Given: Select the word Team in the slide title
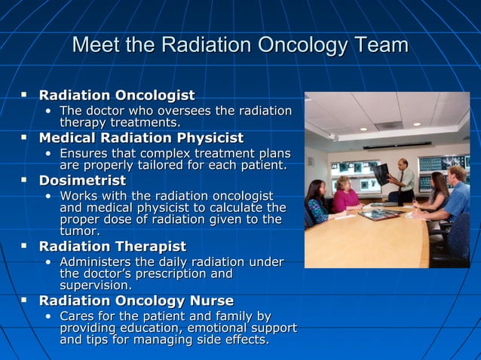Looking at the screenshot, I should pyautogui.click(x=380, y=46).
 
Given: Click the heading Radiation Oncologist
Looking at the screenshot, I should pyautogui.click(x=116, y=96).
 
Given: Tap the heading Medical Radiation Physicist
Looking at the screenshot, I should pyautogui.click(x=141, y=139).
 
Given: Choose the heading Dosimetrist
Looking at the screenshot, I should pyautogui.click(x=82, y=181).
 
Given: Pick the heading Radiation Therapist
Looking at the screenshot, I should pyautogui.click(x=112, y=246).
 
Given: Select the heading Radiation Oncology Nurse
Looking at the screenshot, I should pyautogui.click(x=136, y=301).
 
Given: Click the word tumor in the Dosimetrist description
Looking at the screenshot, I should pyautogui.click(x=78, y=231).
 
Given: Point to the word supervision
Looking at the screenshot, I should pyautogui.click(x=95, y=285).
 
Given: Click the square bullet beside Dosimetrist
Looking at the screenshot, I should pyautogui.click(x=24, y=181).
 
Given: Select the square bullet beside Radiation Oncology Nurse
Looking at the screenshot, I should pyautogui.click(x=24, y=301).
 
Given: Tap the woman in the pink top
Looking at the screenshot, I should pyautogui.click(x=346, y=197).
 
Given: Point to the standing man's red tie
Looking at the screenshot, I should pyautogui.click(x=403, y=179).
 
